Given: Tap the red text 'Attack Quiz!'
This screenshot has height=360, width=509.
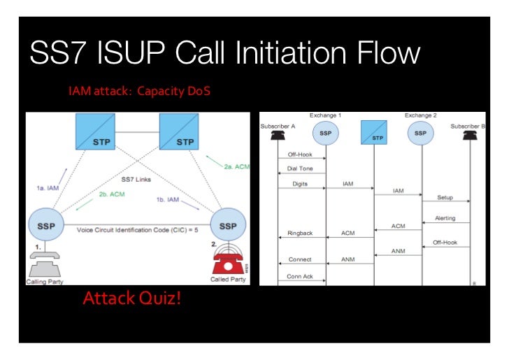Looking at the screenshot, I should click(x=131, y=299).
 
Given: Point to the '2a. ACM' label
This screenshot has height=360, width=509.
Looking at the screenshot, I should click(x=237, y=167).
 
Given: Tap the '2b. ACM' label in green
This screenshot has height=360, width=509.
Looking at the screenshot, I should click(x=112, y=194).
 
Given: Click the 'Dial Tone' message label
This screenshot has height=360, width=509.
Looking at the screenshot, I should click(x=300, y=169).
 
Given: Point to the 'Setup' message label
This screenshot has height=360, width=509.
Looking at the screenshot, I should click(x=445, y=199).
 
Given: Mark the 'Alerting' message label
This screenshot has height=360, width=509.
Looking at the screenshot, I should click(x=445, y=218).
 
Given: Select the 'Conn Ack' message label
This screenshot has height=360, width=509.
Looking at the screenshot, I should click(x=299, y=276).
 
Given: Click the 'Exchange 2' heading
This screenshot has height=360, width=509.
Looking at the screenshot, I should click(x=420, y=115).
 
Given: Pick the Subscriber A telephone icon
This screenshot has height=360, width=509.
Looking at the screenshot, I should click(x=278, y=136).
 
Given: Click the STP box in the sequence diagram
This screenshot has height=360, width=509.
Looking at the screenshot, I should click(x=373, y=132).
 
